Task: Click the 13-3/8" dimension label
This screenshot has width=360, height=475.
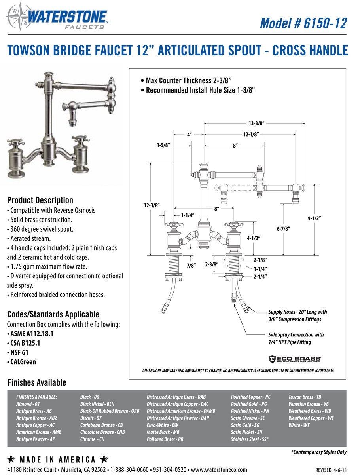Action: [x=256, y=123]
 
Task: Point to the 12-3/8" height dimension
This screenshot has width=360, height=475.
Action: [x=152, y=205]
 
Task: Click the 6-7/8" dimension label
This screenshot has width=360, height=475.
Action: [x=284, y=229]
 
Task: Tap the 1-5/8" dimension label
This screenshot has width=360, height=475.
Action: [x=163, y=145]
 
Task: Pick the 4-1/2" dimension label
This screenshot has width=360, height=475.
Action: [x=253, y=238]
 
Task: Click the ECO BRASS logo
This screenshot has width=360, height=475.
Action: [x=295, y=359]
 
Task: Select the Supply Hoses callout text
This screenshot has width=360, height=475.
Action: [x=297, y=315]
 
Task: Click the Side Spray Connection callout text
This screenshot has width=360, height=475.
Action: [x=296, y=338]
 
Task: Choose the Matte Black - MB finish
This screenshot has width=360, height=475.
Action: [x=163, y=432]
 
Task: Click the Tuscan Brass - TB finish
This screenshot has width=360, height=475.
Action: [x=305, y=397]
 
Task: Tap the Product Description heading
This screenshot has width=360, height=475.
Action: [x=40, y=200]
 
